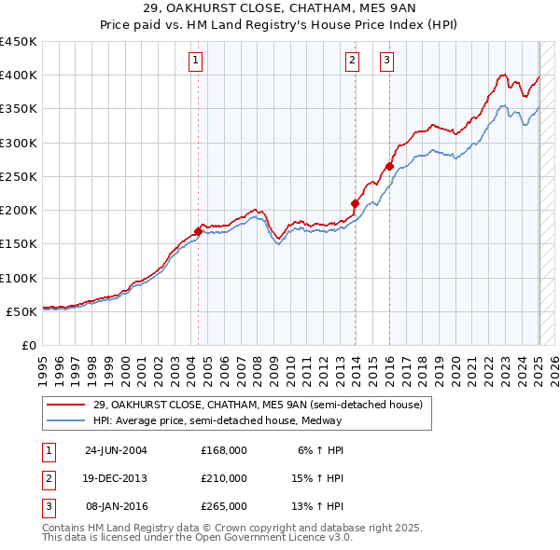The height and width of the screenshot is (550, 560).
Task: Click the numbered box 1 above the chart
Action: pyautogui.click(x=196, y=62)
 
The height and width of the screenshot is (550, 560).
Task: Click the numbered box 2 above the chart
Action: pyautogui.click(x=353, y=62)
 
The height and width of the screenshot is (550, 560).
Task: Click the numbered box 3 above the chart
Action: pyautogui.click(x=386, y=62)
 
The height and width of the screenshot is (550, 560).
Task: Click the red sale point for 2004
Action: pyautogui.click(x=199, y=231)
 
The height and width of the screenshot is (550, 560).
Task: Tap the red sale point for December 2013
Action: pyautogui.click(x=356, y=203)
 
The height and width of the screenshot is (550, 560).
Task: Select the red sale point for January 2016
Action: pyautogui.click(x=389, y=166)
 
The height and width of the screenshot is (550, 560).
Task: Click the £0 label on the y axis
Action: pyautogui.click(x=28, y=346)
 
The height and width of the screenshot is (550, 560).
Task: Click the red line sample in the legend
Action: pyautogui.click(x=66, y=405)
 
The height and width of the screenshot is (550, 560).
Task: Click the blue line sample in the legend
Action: pyautogui.click(x=66, y=420)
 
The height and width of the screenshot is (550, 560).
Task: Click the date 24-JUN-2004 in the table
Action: pyautogui.click(x=116, y=450)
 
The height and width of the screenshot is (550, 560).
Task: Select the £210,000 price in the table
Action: pyautogui.click(x=223, y=478)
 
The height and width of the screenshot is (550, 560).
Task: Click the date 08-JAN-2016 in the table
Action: pyautogui.click(x=116, y=506)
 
